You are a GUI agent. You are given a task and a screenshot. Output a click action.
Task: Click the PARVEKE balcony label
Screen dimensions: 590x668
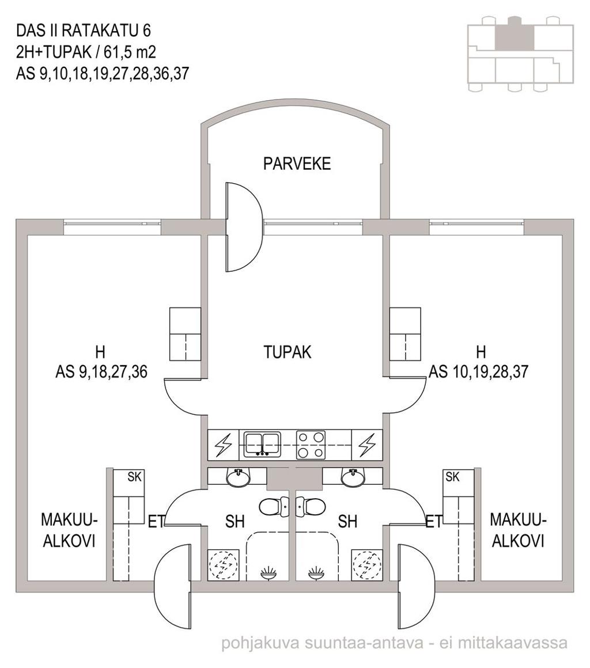pyautogui.click(x=297, y=164)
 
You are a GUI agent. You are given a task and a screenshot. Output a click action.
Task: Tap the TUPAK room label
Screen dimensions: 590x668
pyautogui.click(x=288, y=352)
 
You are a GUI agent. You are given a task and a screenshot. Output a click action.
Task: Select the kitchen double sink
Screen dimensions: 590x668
pyautogui.click(x=262, y=445)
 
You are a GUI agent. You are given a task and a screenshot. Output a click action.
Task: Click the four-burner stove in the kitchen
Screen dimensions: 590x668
pyautogui.click(x=311, y=445)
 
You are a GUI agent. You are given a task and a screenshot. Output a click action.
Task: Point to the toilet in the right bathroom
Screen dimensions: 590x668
pyautogui.click(x=312, y=507)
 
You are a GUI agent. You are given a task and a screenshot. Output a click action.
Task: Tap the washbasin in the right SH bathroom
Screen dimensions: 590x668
pyautogui.click(x=353, y=477)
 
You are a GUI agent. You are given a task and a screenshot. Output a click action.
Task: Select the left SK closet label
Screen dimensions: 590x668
pyautogui.click(x=134, y=477)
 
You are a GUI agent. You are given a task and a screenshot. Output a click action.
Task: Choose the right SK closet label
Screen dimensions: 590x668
pyautogui.click(x=452, y=477)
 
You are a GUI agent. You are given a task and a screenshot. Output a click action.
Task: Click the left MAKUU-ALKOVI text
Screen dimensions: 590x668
pyautogui.click(x=70, y=530)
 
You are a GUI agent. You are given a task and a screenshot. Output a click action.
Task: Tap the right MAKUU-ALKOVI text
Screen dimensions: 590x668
pyautogui.click(x=519, y=530)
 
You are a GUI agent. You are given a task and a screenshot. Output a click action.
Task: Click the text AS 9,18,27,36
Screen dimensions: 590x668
pyautogui.click(x=101, y=372)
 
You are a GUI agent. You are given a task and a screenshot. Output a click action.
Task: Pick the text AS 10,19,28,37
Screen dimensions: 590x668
pyautogui.click(x=478, y=372)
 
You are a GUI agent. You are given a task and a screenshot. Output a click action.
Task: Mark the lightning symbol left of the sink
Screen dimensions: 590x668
pyautogui.click(x=223, y=445)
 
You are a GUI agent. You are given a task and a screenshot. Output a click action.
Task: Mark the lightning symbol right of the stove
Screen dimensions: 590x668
pyautogui.click(x=366, y=445)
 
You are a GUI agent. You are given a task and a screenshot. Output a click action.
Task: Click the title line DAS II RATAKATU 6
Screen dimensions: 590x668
pyautogui.click(x=84, y=31)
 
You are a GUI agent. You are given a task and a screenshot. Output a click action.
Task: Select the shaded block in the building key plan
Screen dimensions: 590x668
pyautogui.click(x=514, y=33)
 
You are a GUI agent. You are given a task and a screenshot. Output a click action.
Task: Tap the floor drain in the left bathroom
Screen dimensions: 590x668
pyautogui.click(x=268, y=573)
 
